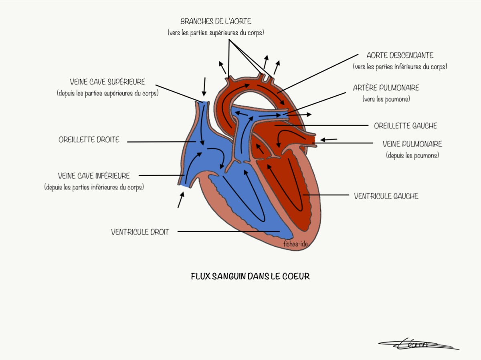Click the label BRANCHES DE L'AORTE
pyautogui.click(x=216, y=21)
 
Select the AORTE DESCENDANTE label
pyautogui.click(x=400, y=56)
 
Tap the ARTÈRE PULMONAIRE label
pyautogui.click(x=386, y=88)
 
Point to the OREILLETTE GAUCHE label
pyautogui.click(x=405, y=126)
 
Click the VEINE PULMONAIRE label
pyautogui.click(x=412, y=144)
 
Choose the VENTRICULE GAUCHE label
pyautogui.click(x=386, y=196)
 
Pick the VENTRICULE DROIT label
pyautogui.click(x=140, y=232)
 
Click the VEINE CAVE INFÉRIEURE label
pyautogui.click(x=94, y=176)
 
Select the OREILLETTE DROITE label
pyautogui.click(x=89, y=140)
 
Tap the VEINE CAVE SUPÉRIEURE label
pyautogui.click(x=107, y=82)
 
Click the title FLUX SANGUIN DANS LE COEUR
pyautogui.click(x=250, y=276)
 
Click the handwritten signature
pyautogui.click(x=417, y=344)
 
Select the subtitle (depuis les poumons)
pyautogui.click(x=412, y=155)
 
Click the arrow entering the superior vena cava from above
pyautogui.click(x=204, y=86)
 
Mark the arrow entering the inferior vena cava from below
pyautogui.click(x=181, y=199)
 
